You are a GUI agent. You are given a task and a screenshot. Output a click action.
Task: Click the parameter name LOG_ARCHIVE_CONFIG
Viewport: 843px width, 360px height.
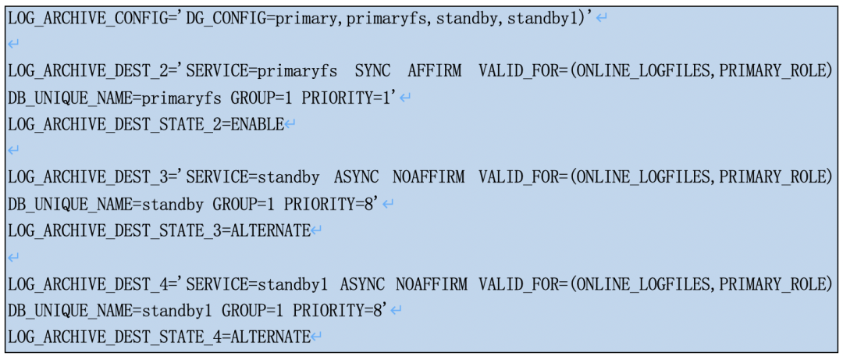pos(89,17)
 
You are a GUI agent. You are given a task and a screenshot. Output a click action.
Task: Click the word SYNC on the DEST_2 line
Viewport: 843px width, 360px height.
pos(372,71)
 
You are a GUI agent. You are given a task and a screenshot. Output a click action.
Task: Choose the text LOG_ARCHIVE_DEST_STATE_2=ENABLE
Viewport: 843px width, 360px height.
pos(146,124)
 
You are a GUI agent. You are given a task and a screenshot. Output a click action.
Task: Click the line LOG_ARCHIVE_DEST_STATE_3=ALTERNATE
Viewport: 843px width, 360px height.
pos(159,230)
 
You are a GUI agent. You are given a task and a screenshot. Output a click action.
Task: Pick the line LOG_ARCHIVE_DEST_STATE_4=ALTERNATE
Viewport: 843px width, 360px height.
pos(159,337)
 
